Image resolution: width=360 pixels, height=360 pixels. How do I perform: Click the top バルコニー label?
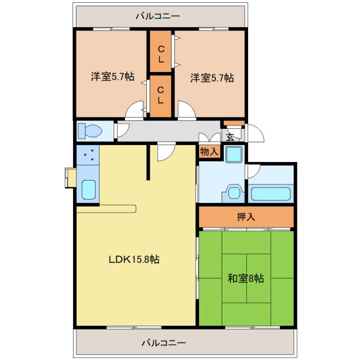161,16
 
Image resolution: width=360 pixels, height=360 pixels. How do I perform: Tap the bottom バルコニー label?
164,342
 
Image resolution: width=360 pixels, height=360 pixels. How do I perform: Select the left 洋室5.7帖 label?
112,77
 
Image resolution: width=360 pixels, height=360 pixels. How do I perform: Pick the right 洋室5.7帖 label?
211,78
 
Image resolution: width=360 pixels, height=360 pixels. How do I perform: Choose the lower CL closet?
161,95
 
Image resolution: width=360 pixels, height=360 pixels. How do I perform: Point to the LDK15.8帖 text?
134,259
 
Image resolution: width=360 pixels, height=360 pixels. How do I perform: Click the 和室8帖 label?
246,278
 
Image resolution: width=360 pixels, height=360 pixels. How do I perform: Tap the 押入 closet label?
245,217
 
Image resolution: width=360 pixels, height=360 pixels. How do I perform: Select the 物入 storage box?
209,151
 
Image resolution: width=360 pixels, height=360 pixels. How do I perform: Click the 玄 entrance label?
230,136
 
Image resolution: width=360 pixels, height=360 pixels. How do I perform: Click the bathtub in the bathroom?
271,194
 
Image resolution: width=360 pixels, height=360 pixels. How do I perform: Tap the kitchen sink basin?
88,190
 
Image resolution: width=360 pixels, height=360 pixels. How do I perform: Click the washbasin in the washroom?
233,192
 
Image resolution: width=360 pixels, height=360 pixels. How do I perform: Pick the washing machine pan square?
233,154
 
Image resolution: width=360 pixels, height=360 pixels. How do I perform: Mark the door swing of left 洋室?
136,110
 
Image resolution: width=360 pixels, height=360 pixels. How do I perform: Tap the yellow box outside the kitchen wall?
70,178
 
